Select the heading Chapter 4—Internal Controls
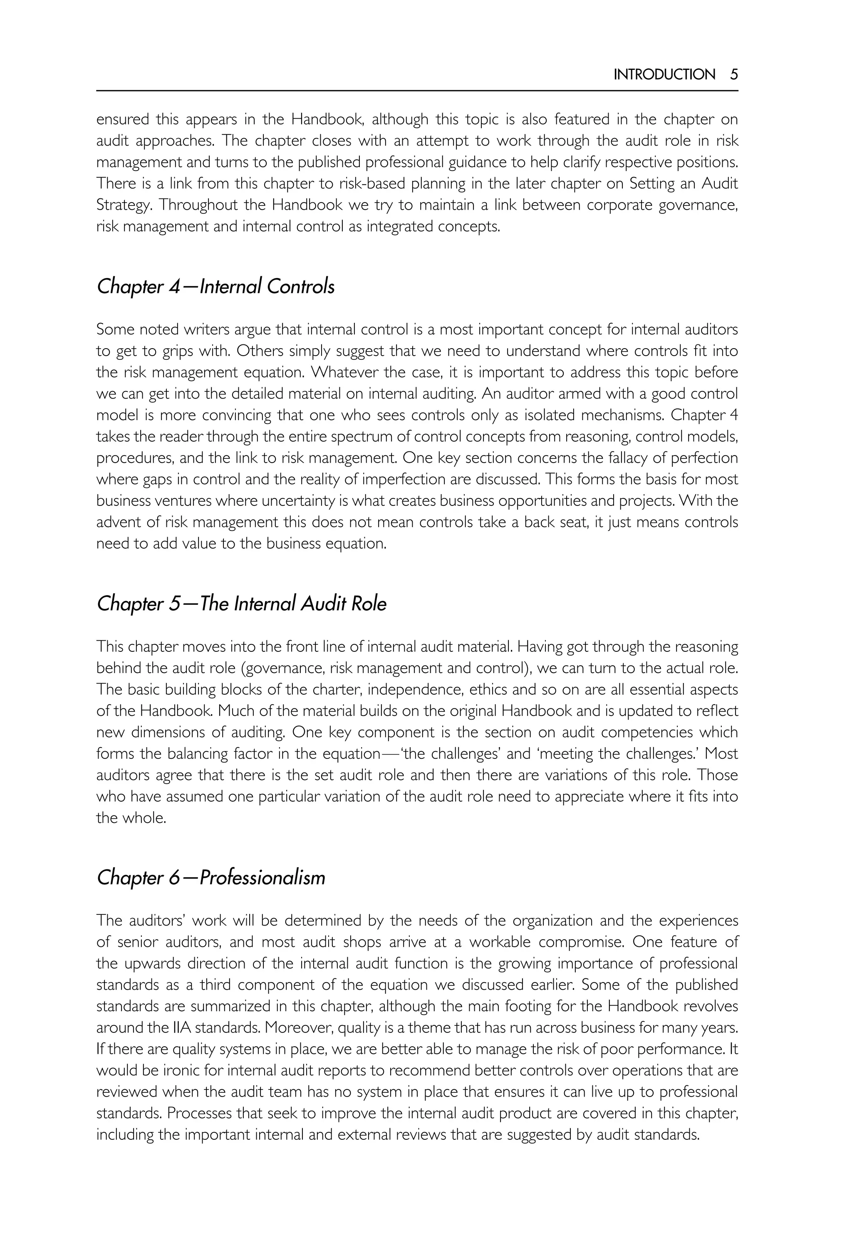click(x=215, y=287)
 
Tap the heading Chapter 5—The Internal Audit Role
click(x=241, y=604)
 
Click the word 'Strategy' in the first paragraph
click(x=122, y=205)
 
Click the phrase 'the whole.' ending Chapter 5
click(x=131, y=818)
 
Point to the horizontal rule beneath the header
click(x=416, y=91)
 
